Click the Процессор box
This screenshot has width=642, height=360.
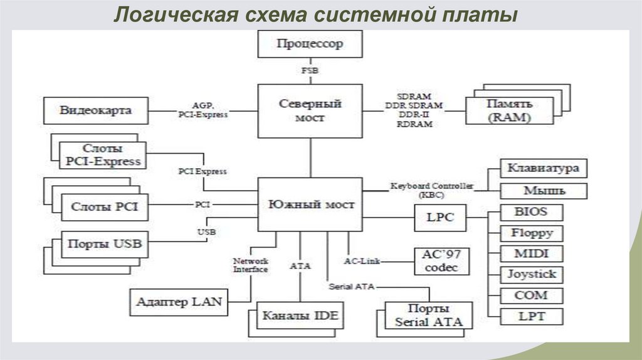pos(310,45)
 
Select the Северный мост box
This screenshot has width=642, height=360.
pos(310,110)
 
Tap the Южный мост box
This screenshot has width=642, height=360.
pos(310,204)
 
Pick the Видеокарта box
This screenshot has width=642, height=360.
pos(96,110)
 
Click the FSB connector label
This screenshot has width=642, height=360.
pos(310,71)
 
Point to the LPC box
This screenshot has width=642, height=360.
pos(441,218)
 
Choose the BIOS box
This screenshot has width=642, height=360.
pos(531,212)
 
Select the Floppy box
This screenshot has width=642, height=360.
pos(531,233)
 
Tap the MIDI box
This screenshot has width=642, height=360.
pos(531,254)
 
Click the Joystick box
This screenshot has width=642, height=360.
pos(531,275)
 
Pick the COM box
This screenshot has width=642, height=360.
pos(531,295)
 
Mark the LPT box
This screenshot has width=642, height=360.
pos(531,316)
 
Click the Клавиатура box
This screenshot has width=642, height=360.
pos(543,169)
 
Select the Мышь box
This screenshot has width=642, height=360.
pos(543,191)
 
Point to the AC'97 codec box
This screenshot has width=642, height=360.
pos(441,261)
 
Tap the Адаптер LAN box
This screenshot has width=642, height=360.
pos(179,302)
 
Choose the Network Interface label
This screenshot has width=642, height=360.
pos(251,265)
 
